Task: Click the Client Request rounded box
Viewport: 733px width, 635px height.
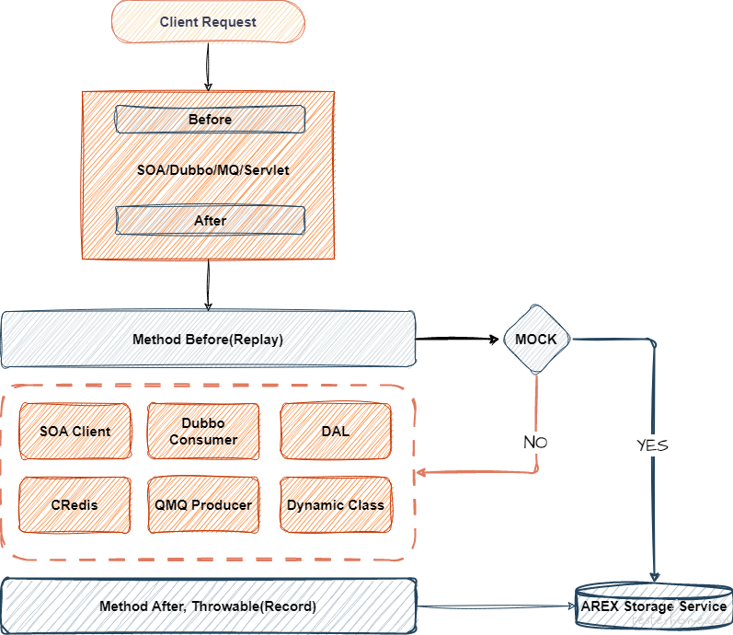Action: [208, 22]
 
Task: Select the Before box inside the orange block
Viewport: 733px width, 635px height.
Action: [211, 120]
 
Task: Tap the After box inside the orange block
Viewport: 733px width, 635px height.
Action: [211, 220]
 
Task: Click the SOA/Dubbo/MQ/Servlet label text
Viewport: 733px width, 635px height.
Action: [213, 170]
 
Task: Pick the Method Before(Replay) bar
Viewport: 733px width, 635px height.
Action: [208, 340]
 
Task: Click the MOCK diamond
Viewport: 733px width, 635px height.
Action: [537, 340]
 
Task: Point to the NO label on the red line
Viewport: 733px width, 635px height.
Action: [535, 443]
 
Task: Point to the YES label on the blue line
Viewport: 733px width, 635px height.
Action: [653, 445]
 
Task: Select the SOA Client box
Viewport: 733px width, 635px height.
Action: [75, 431]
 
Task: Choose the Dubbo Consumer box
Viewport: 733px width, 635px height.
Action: [203, 431]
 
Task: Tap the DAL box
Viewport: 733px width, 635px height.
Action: [336, 431]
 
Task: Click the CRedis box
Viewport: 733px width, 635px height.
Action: [74, 505]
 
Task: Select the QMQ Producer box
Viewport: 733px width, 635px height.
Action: [203, 505]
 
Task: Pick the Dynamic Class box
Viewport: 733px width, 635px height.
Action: [336, 505]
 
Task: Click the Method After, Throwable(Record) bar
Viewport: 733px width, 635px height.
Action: [209, 606]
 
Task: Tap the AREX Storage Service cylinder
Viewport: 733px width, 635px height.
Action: [654, 606]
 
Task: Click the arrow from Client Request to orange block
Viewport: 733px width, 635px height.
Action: [208, 67]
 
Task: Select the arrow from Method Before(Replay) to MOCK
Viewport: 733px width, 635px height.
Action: [457, 339]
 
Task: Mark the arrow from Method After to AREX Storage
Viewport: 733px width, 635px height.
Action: [496, 606]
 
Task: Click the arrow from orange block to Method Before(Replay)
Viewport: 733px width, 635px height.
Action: [208, 285]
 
